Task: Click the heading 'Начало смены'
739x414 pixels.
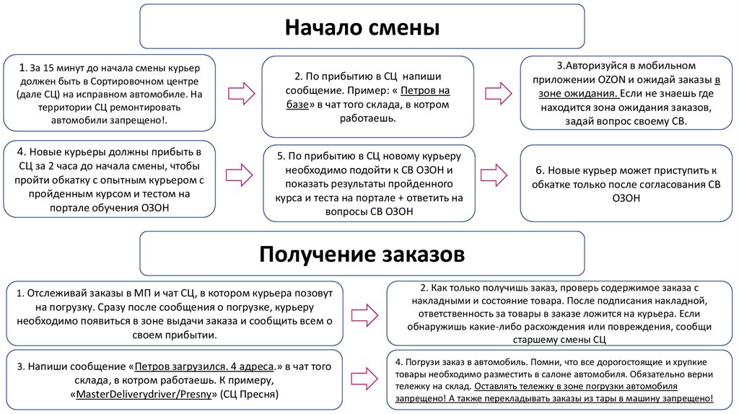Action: [x=362, y=28]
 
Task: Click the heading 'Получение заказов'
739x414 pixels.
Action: [x=362, y=255]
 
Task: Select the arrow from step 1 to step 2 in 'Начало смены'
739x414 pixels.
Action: [x=239, y=94]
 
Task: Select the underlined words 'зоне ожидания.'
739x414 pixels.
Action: [x=576, y=93]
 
